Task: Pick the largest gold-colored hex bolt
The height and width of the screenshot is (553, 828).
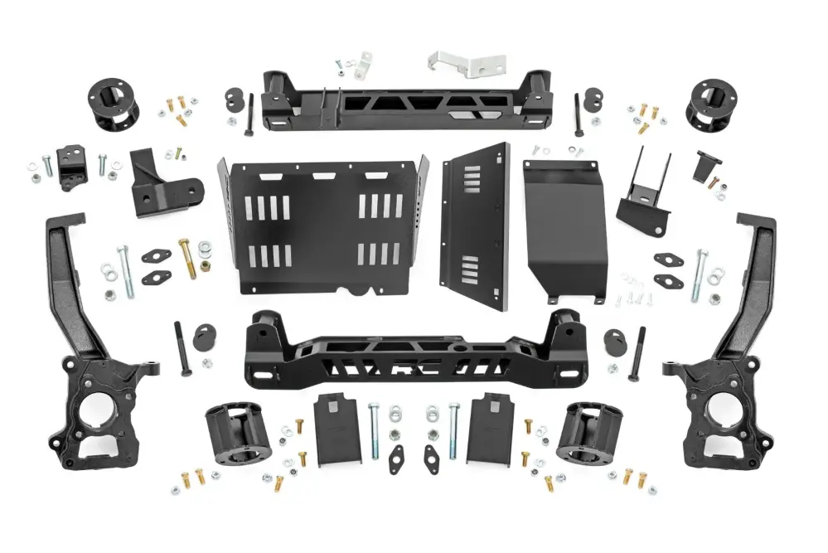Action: (188, 258)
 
